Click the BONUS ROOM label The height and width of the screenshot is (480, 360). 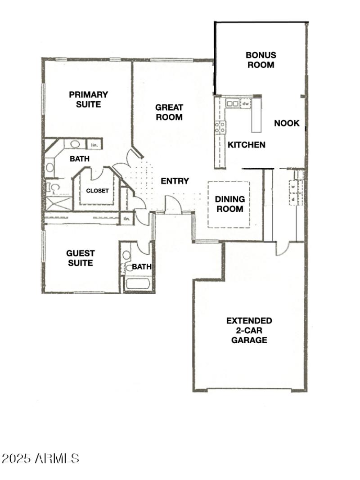[261, 60]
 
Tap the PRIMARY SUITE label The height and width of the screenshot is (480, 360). [88, 99]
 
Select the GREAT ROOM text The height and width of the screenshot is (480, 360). [169, 112]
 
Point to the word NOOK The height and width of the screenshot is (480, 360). [287, 123]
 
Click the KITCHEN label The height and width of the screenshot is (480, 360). [246, 145]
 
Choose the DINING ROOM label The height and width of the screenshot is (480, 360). [229, 204]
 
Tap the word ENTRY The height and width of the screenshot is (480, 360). [175, 181]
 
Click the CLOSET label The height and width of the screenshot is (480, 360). [98, 190]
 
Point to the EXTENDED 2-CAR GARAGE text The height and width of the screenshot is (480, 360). [249, 330]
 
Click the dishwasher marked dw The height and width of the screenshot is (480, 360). [246, 103]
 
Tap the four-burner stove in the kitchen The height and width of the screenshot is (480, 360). [220, 127]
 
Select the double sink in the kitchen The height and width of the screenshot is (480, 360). [232, 103]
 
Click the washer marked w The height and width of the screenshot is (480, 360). [293, 185]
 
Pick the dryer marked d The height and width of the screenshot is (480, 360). [293, 198]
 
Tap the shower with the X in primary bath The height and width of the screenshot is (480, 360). [59, 203]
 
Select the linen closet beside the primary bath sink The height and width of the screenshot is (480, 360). [94, 145]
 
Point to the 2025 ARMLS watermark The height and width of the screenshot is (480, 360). [40, 458]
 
